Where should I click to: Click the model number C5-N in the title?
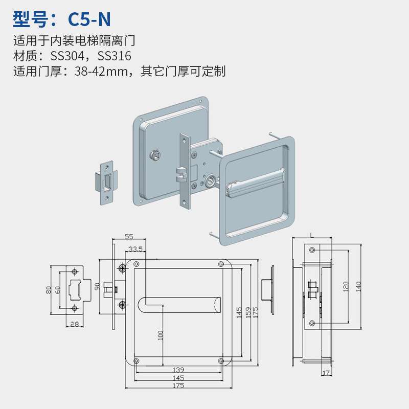tap(89, 19)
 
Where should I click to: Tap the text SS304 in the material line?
tap(67, 56)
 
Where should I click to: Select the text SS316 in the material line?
tap(114, 56)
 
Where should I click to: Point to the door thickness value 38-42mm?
tap(101, 71)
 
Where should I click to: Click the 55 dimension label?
tap(129, 236)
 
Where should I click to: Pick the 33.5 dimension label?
tap(135, 249)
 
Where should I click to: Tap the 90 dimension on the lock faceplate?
tap(97, 286)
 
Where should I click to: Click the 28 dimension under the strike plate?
tap(75, 324)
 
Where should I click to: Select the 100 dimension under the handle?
tap(161, 335)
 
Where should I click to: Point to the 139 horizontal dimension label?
tap(178, 369)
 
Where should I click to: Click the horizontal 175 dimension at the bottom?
tap(178, 385)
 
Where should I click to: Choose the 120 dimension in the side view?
tap(346, 286)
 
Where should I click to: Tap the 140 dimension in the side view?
tap(358, 286)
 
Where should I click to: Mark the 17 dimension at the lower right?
tap(326, 373)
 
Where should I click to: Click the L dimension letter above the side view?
tap(312, 236)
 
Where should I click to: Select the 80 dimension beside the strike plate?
tap(49, 290)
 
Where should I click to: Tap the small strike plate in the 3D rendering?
tap(106, 183)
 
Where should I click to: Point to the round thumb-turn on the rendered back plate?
tap(155, 155)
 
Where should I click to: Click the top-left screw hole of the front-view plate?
tap(136, 264)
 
